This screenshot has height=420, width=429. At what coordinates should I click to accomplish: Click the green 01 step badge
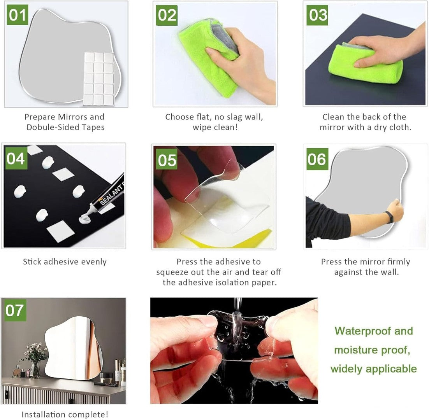coord(18,15)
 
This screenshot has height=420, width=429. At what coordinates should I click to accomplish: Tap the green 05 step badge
coord(167,159)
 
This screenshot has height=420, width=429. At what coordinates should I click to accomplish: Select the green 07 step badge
coord(16,310)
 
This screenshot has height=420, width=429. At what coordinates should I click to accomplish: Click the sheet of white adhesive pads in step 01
coord(98,79)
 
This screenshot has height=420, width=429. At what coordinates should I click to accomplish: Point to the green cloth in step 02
coord(208,58)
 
